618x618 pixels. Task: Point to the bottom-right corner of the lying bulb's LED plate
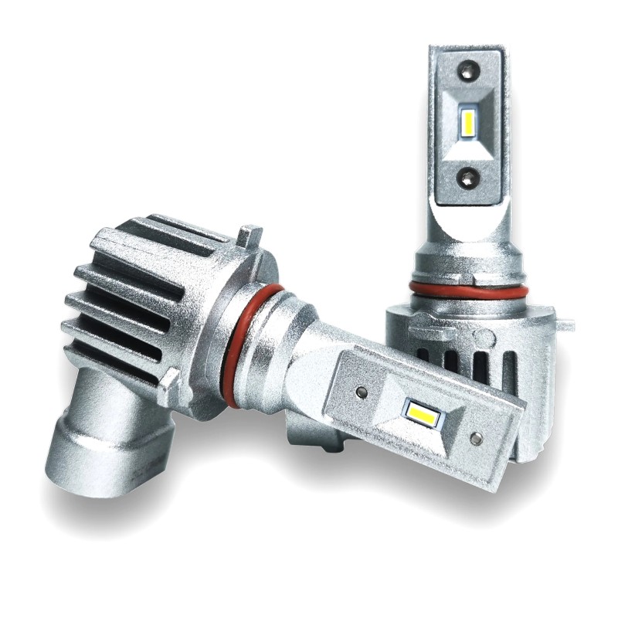pos(494,487)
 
